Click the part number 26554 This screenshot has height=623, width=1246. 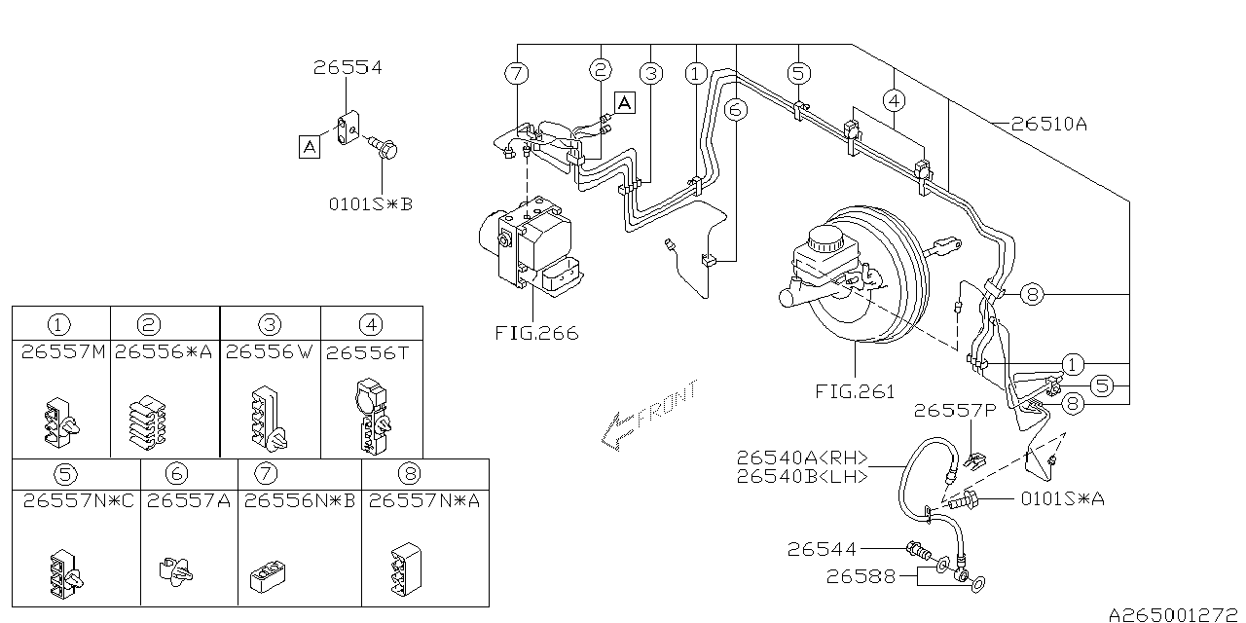(348, 67)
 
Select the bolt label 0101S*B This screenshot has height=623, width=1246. (371, 204)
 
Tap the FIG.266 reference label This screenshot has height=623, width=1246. (536, 333)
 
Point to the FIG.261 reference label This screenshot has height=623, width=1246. (855, 391)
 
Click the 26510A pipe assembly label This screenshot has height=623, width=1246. (1049, 124)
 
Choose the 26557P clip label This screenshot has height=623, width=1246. (955, 411)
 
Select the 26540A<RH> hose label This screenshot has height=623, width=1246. (802, 458)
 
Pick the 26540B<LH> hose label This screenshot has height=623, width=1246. (802, 477)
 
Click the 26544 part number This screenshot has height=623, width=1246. (822, 550)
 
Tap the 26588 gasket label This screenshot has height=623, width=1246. (861, 577)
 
